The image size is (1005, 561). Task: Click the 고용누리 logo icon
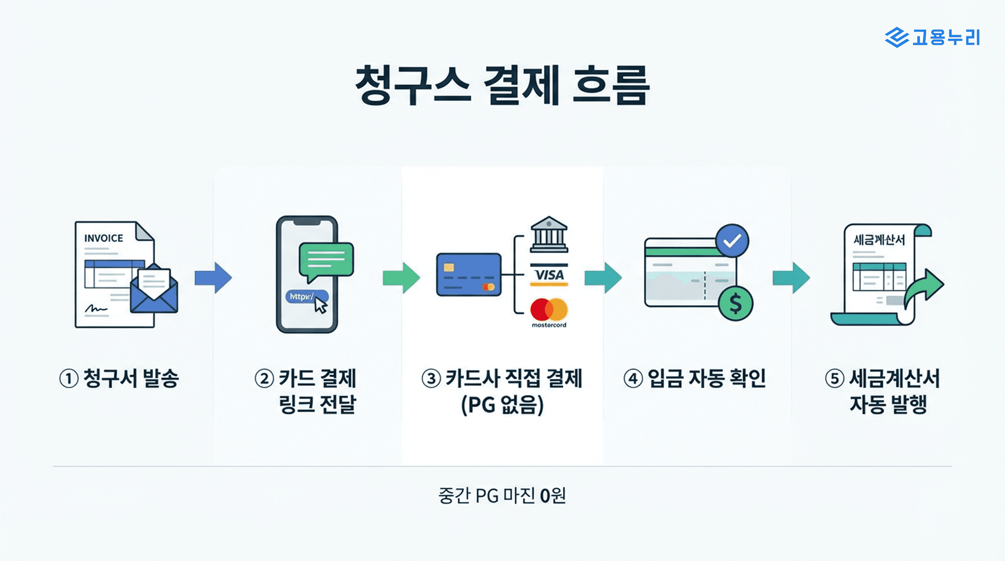point(896,38)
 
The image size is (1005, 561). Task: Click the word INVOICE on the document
point(103,238)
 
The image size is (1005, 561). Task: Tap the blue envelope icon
point(154,291)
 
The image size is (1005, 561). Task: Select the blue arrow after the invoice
point(213,278)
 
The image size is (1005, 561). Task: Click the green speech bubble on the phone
point(326,259)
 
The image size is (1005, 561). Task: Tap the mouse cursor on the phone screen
point(321,305)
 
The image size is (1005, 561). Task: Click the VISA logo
point(549,275)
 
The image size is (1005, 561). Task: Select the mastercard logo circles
point(549,309)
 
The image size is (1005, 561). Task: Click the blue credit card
point(469,274)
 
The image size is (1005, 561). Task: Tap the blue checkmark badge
point(732,240)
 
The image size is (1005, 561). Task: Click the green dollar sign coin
point(735,304)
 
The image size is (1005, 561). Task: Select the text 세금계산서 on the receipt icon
point(879,239)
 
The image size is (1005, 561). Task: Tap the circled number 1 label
point(69,378)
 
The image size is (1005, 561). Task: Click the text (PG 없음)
point(502,405)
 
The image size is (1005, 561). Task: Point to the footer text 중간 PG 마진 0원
point(502,496)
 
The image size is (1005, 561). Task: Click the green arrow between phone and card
point(401,278)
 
